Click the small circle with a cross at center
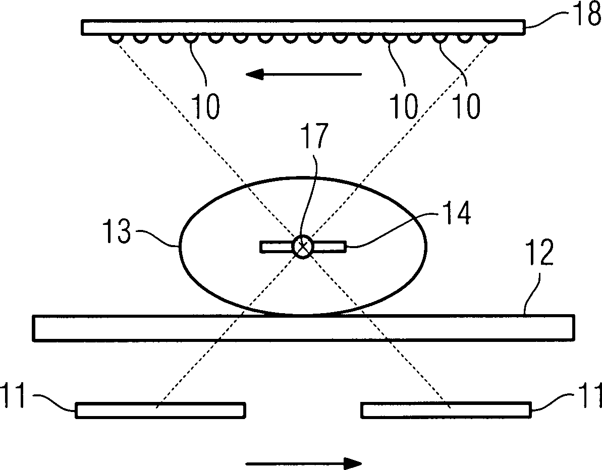click(303, 247)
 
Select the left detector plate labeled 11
click(160, 410)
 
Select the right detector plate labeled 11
click(446, 410)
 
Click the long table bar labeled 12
click(303, 328)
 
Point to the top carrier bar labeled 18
click(303, 27)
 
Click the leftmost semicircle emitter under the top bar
click(116, 38)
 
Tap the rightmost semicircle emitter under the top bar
click(488, 38)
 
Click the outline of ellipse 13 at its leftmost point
click(178, 247)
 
